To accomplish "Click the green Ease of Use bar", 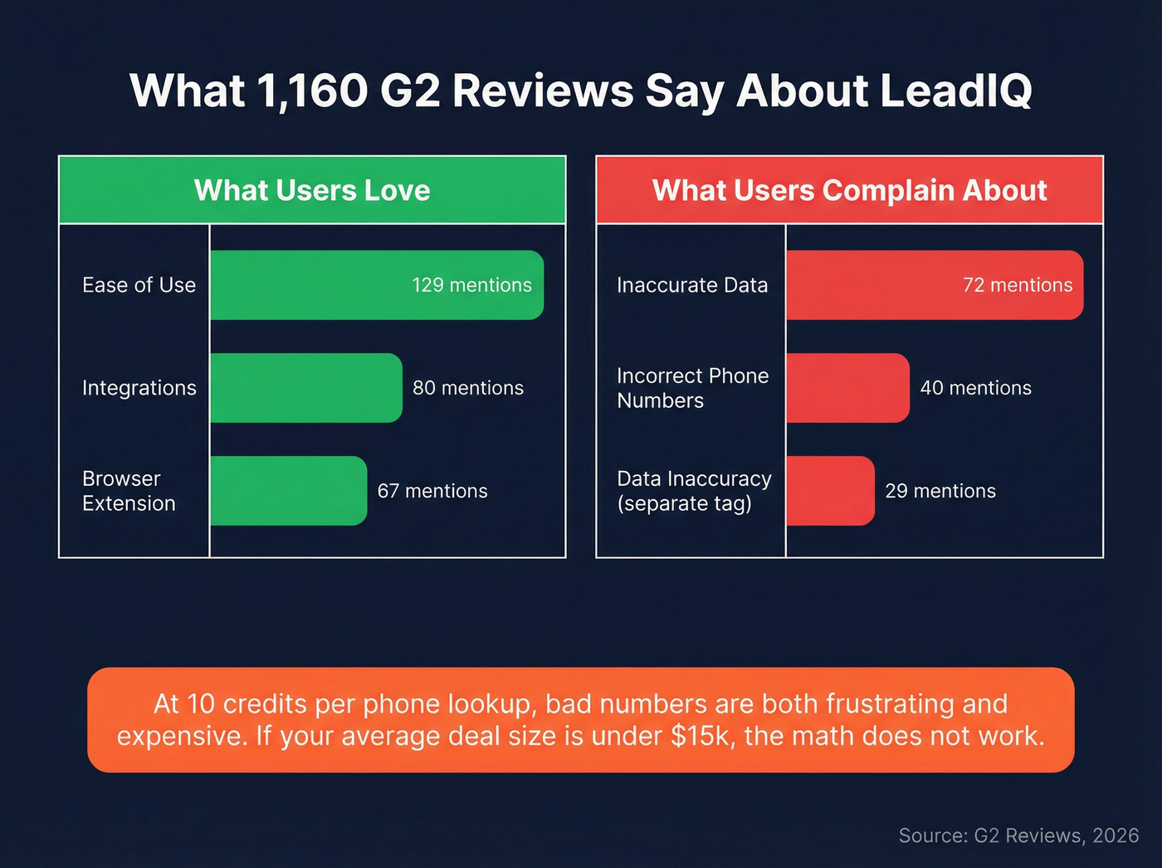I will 332,285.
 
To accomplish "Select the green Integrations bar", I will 305,388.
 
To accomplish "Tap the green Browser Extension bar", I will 288,491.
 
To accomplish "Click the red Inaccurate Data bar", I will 871,285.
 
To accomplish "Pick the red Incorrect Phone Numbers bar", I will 847,388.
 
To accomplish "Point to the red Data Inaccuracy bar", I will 830,491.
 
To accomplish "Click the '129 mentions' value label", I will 471,285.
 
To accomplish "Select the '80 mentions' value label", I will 468,388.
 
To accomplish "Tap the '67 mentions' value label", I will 432,491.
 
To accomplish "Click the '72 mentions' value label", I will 1018,285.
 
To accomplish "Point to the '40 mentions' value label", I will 975,388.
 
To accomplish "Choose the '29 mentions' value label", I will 940,491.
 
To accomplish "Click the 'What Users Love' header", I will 312,190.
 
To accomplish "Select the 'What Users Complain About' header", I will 849,190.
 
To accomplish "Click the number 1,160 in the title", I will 313,91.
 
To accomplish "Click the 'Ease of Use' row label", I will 139,285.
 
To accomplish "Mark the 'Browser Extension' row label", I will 129,491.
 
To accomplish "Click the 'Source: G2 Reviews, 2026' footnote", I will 1018,836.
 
